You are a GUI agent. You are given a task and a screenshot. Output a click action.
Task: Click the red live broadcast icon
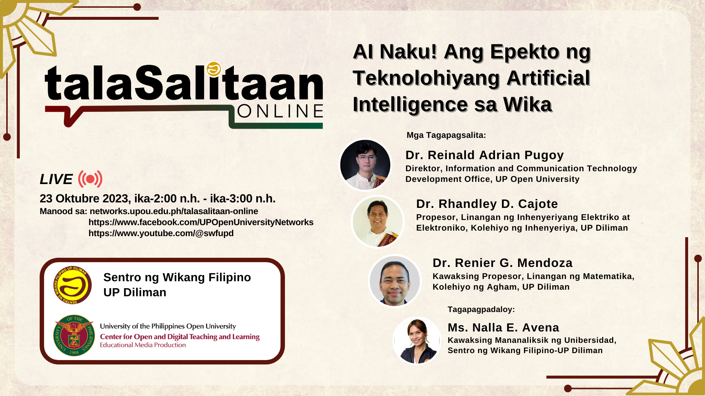(90, 179)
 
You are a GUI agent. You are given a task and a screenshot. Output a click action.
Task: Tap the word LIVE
(56, 179)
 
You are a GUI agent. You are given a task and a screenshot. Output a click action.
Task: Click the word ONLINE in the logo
(280, 111)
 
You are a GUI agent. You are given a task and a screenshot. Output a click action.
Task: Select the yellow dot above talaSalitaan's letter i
(214, 69)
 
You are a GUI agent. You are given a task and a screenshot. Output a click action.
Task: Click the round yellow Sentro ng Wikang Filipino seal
(72, 285)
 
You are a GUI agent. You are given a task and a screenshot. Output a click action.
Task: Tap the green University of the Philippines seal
(74, 335)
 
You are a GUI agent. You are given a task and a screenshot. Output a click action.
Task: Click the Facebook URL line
(201, 222)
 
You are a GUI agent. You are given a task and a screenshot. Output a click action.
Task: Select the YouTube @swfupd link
(161, 233)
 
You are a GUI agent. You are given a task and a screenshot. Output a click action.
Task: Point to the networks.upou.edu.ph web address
(174, 211)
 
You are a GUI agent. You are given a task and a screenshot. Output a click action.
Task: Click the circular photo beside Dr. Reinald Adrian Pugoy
(365, 165)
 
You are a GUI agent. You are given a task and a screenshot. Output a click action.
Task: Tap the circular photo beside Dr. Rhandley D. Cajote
(377, 221)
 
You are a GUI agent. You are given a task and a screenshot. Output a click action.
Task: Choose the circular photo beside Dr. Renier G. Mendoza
(395, 281)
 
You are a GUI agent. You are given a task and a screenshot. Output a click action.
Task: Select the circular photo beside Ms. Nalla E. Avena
(417, 341)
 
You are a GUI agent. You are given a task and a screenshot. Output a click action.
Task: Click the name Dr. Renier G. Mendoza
(502, 263)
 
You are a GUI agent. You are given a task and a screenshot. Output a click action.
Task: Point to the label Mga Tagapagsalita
(446, 135)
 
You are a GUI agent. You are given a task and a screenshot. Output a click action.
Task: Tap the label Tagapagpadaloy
(481, 309)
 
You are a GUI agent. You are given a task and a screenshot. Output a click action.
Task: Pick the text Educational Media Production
(143, 345)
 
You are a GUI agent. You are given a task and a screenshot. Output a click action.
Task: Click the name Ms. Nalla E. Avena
(503, 327)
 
